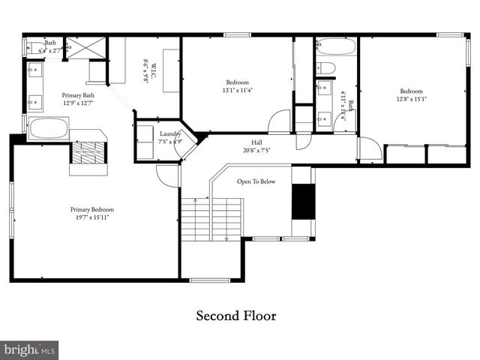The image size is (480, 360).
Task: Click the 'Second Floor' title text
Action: pyautogui.click(x=236, y=316)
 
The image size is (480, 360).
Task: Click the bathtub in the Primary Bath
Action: pyautogui.click(x=48, y=128)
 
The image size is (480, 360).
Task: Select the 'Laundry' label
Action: pyautogui.click(x=170, y=133)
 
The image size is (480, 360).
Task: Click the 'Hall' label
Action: pyautogui.click(x=256, y=141)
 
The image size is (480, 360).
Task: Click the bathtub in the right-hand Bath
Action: pyautogui.click(x=335, y=46)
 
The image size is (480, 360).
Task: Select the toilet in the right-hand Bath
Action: pyautogui.click(x=327, y=68)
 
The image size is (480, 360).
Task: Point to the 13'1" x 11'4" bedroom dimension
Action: pyautogui.click(x=237, y=91)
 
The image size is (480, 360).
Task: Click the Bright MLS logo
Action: pyautogui.click(x=30, y=349)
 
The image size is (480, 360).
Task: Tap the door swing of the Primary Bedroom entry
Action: pyautogui.click(x=166, y=175)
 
